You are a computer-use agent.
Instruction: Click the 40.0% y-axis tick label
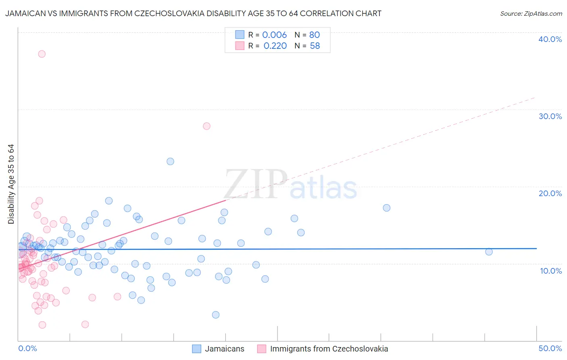[x=550, y=39]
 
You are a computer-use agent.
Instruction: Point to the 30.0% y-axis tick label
[x=550, y=116]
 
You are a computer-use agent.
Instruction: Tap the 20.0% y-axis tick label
[x=550, y=193]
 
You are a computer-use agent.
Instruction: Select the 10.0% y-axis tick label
[x=550, y=271]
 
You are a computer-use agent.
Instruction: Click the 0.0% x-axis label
[x=27, y=348]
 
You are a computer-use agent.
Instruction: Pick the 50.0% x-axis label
[x=550, y=348]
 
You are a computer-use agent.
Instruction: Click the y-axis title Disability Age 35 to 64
[x=11, y=184]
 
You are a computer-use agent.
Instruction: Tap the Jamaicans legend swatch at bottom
[x=196, y=349]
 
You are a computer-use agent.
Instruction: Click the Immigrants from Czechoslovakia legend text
[x=329, y=349]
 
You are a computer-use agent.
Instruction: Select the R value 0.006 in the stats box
[x=274, y=35]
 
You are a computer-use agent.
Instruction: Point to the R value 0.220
[x=275, y=46]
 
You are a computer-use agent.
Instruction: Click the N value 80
[x=314, y=35]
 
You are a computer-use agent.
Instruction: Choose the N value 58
[x=315, y=46]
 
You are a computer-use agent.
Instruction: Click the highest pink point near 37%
[x=42, y=54]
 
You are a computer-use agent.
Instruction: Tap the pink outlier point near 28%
[x=206, y=126]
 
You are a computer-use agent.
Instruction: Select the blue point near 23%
[x=170, y=161]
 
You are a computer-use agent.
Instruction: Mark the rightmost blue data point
[x=489, y=252]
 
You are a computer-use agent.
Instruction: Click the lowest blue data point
[x=216, y=315]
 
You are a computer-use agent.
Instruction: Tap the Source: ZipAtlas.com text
[x=531, y=14]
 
